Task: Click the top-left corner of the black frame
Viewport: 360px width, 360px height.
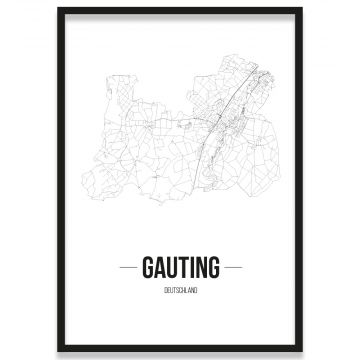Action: (59, 9)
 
